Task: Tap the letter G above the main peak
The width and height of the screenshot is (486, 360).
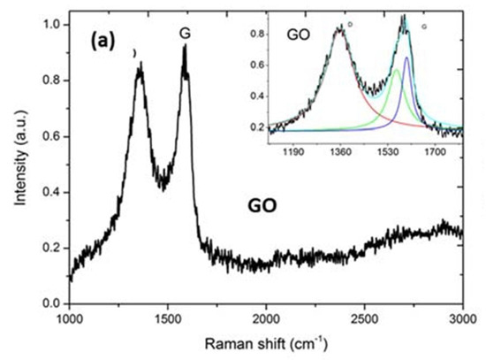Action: coord(185,34)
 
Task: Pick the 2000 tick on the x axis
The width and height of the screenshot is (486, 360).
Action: coord(266,318)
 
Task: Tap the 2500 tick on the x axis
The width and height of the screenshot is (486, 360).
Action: coord(364,318)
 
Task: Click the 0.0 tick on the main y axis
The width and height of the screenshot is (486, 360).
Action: coord(53,303)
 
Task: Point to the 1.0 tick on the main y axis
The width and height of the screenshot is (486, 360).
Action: coord(53,25)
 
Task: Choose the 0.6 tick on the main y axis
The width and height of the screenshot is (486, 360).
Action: coord(53,136)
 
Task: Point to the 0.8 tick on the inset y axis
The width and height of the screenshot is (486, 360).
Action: coord(261,34)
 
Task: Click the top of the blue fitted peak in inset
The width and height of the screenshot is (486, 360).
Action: coord(406,57)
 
